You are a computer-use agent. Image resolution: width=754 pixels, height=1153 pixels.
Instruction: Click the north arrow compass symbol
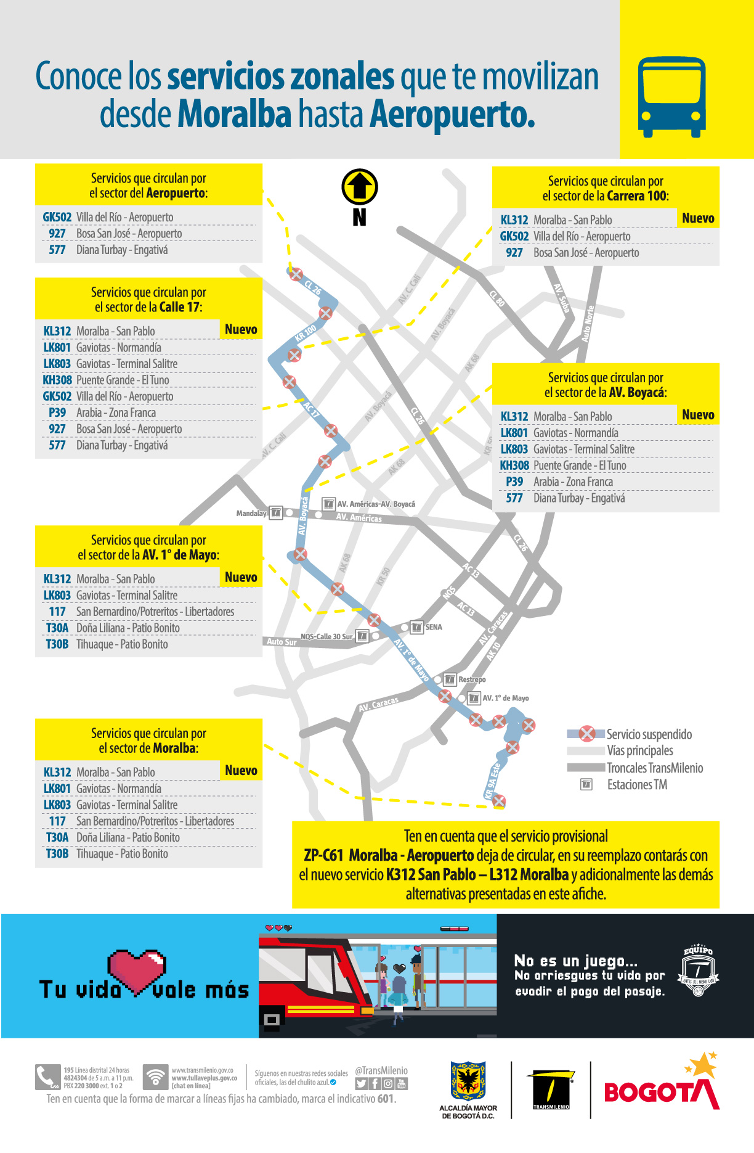pyautogui.click(x=360, y=187)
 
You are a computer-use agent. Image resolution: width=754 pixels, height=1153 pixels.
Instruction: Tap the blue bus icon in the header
pyautogui.click(x=671, y=97)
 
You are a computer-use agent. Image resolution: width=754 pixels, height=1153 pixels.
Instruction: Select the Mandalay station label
pyautogui.click(x=251, y=513)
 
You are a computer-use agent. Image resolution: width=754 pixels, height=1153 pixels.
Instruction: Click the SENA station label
pyautogui.click(x=434, y=627)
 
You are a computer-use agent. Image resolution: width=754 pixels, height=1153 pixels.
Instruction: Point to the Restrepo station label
pyautogui.click(x=472, y=679)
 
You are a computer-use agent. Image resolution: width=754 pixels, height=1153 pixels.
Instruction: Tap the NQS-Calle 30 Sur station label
pyautogui.click(x=326, y=636)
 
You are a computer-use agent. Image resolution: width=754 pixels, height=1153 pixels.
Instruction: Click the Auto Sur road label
pyautogui.click(x=282, y=642)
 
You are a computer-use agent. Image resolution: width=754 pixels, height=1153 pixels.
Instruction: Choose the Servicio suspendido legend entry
pyautogui.click(x=649, y=734)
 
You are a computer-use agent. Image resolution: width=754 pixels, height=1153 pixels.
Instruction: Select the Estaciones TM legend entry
pyautogui.click(x=637, y=785)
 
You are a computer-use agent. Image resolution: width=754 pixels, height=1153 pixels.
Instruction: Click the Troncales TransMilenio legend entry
pyautogui.click(x=654, y=768)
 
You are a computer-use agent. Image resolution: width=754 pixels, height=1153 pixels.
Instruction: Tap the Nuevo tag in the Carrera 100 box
pyautogui.click(x=698, y=218)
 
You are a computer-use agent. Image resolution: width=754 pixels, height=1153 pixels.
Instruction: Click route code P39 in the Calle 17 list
pyautogui.click(x=57, y=412)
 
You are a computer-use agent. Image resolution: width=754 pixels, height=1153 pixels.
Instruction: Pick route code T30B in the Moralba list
pyautogui.click(x=57, y=853)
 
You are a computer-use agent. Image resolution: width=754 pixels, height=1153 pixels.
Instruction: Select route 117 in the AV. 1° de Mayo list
pyautogui.click(x=57, y=612)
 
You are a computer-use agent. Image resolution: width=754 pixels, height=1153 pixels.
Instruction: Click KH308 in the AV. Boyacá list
pyautogui.click(x=514, y=466)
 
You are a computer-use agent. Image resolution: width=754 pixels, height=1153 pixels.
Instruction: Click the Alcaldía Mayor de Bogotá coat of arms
pyautogui.click(x=468, y=1081)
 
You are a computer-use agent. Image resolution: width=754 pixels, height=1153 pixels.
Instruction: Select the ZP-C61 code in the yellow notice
pyautogui.click(x=323, y=855)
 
